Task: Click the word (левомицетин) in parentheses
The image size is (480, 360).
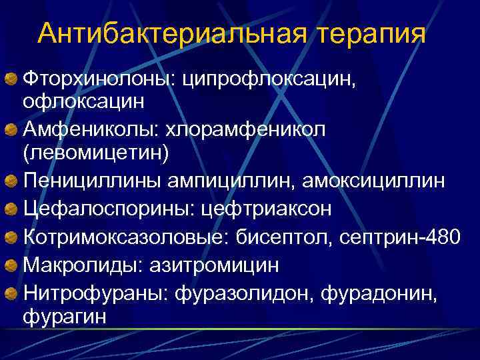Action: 96,153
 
